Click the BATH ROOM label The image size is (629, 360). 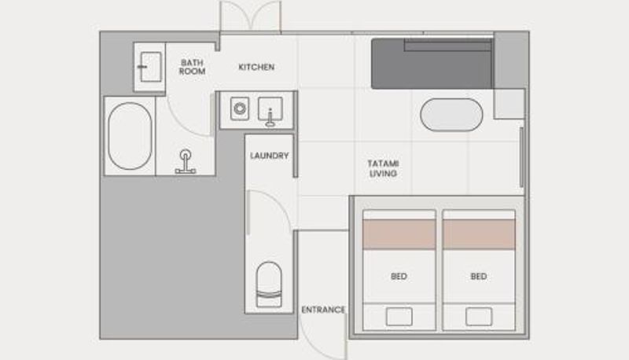click(x=192, y=67)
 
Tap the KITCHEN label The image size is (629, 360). click(x=256, y=67)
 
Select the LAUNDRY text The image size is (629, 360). click(x=269, y=156)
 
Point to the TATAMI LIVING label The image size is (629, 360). click(x=383, y=168)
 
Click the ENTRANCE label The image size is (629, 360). click(x=323, y=310)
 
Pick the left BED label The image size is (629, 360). click(x=399, y=276)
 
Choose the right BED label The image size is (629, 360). click(x=479, y=276)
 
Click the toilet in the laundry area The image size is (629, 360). click(x=269, y=285)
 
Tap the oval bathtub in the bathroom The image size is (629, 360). click(x=130, y=136)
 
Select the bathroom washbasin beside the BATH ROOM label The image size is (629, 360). click(x=151, y=67)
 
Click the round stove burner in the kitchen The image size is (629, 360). click(x=240, y=108)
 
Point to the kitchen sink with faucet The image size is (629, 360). click(x=270, y=109)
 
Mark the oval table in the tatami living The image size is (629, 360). click(x=451, y=115)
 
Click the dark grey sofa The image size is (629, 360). click(x=432, y=64)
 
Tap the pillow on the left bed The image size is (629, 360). click(x=399, y=317)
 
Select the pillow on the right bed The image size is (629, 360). click(x=479, y=317)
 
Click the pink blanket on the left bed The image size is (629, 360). click(x=399, y=234)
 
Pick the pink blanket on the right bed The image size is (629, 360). click(x=479, y=234)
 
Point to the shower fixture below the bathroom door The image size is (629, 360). click(x=186, y=162)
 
